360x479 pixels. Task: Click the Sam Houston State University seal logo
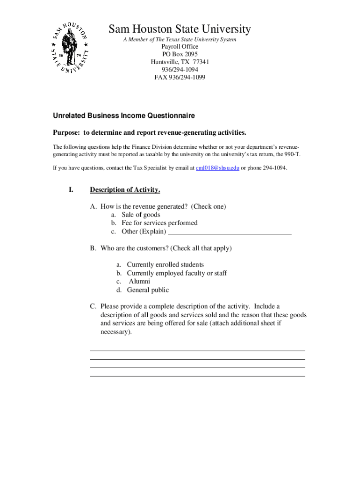[x=70, y=51]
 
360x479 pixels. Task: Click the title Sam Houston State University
[x=180, y=29]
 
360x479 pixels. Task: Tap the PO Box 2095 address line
[x=180, y=54]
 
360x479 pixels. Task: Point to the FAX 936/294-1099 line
[x=180, y=77]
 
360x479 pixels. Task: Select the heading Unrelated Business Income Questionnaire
[x=123, y=116]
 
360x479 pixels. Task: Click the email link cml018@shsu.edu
[x=217, y=167]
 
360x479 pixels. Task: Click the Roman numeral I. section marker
[x=71, y=190]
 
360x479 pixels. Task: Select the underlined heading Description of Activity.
[x=125, y=190]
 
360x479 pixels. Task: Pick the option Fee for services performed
[x=159, y=223]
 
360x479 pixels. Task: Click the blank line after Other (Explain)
[x=230, y=232]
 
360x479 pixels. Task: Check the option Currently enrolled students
[x=165, y=265]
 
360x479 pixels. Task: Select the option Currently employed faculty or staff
[x=177, y=273]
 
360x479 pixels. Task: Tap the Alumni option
[x=139, y=282]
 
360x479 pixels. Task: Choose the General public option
[x=148, y=290]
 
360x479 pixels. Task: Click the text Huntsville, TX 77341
[x=180, y=62]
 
